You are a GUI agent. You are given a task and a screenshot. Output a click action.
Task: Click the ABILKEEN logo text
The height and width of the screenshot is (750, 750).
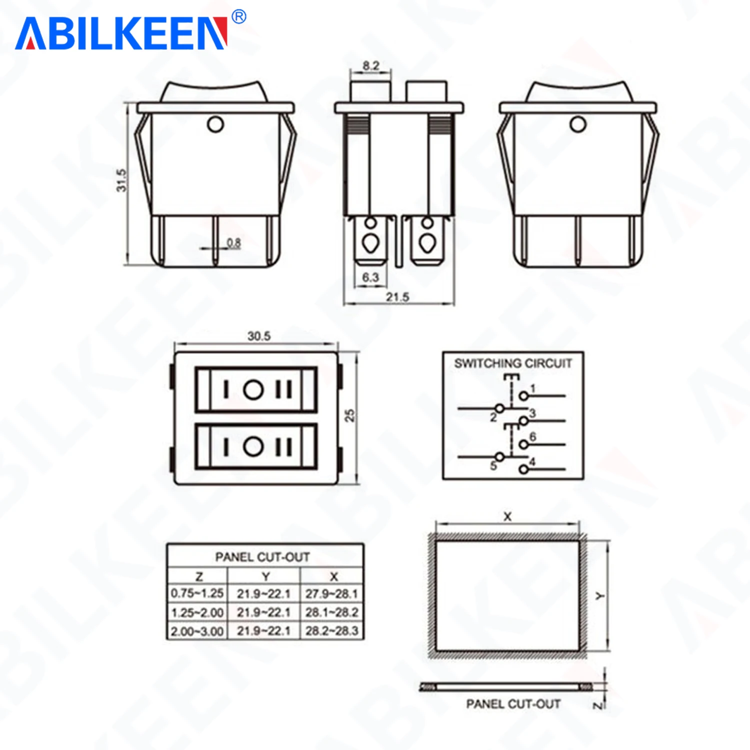coord(121,33)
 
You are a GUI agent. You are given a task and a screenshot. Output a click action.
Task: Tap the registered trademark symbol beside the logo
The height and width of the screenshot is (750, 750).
coord(239,17)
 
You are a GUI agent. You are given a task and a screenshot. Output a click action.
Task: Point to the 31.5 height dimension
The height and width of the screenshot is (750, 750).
coord(121,180)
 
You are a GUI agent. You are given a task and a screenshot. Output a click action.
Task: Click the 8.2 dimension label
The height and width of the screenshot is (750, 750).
coord(371,65)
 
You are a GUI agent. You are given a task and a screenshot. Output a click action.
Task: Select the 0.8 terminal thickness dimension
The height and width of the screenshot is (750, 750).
coord(234,243)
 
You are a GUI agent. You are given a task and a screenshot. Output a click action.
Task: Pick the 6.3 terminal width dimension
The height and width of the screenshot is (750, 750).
coord(370,277)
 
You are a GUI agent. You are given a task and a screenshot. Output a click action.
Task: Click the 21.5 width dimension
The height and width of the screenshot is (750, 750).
coord(397,297)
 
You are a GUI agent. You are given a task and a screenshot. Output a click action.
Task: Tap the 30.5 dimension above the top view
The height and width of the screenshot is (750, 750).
coord(259,336)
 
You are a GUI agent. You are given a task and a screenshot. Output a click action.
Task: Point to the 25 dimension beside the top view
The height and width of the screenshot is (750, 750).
coord(349,415)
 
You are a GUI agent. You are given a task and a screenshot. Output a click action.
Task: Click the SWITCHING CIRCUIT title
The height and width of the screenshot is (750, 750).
coord(513,363)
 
